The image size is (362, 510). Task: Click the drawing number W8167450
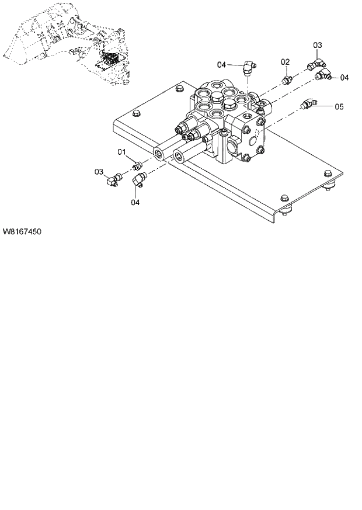pos(22,231)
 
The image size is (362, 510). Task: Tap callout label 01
pos(123,152)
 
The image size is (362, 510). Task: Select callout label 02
pos(285,62)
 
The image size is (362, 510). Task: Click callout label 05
pos(339,106)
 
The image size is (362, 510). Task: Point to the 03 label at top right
pos(317,45)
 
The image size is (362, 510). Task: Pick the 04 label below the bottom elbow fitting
pos(135,202)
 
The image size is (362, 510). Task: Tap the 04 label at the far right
pos(344,77)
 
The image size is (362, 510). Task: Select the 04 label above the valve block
pos(221,64)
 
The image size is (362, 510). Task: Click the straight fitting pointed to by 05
pos(308,105)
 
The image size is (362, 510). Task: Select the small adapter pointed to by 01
pos(138,165)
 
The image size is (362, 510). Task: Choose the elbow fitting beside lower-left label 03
pos(112,179)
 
